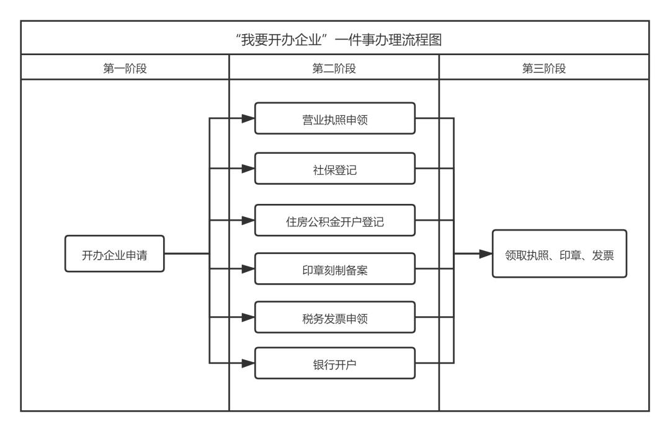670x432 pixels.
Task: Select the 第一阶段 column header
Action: (125, 69)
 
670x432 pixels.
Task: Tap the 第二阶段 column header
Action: (334, 69)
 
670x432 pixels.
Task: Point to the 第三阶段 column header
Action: (544, 69)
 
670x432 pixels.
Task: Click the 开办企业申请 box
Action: (115, 253)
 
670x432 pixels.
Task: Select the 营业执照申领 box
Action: (334, 118)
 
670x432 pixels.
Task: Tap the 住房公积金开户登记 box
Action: (334, 220)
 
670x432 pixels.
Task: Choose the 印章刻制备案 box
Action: (334, 268)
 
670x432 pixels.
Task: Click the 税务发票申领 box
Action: (334, 317)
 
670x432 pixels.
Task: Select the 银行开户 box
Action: (334, 363)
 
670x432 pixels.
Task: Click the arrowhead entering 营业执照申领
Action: (248, 118)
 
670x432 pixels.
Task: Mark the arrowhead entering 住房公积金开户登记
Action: (248, 220)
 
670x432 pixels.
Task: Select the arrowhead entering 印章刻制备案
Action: (248, 268)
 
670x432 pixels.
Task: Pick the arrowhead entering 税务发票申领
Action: (248, 317)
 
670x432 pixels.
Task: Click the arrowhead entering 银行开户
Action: (248, 363)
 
